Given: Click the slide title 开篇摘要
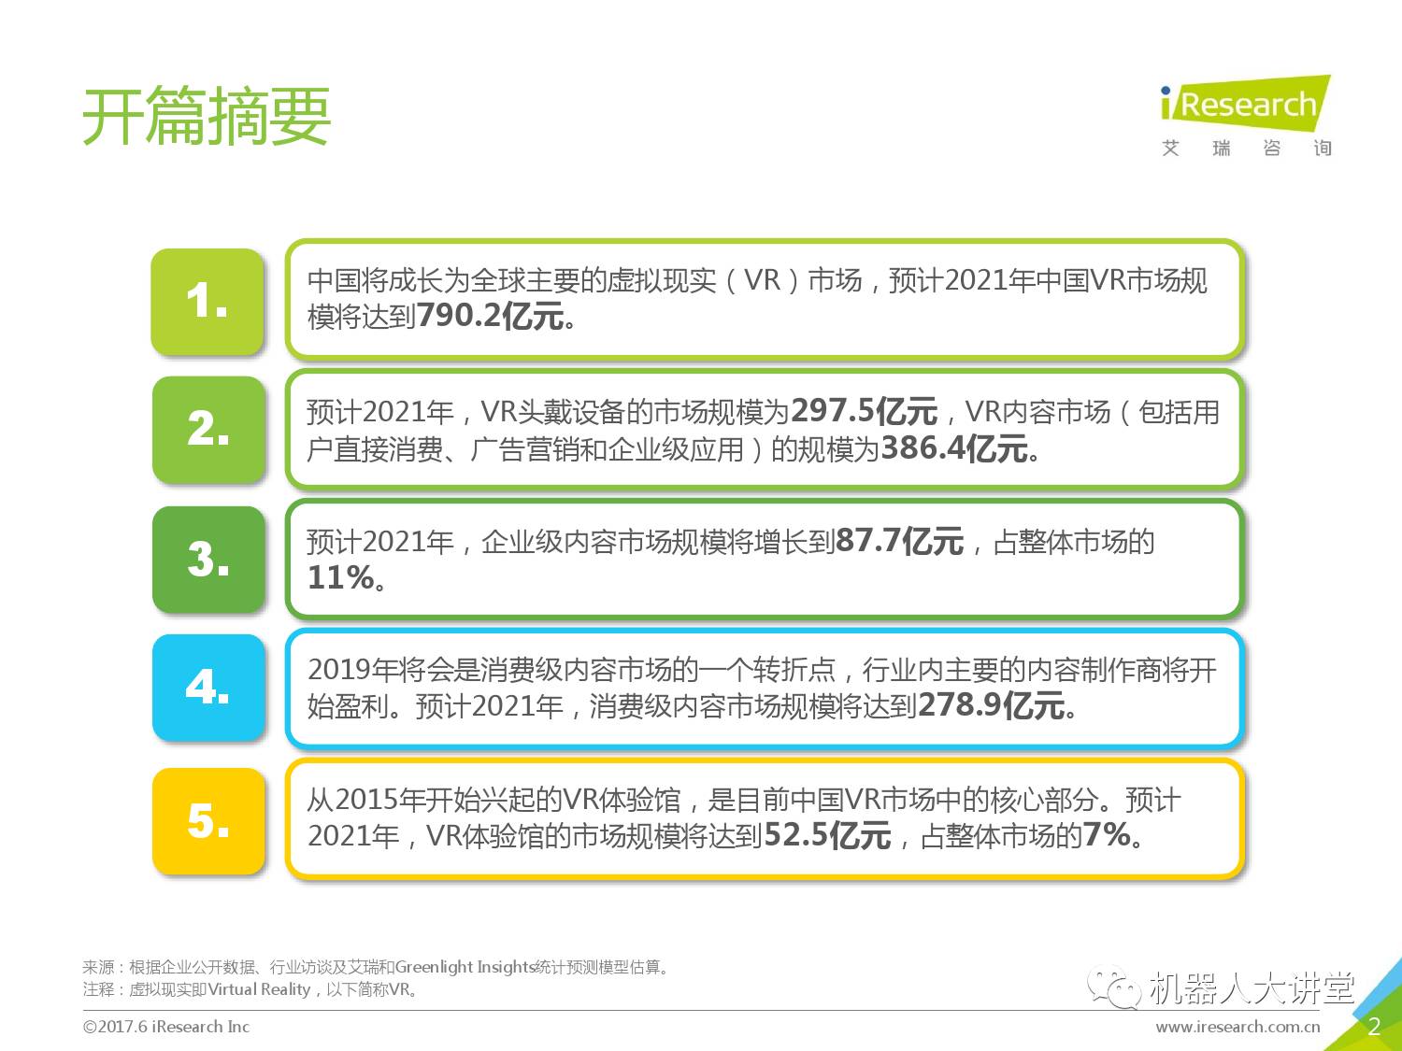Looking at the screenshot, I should [207, 117].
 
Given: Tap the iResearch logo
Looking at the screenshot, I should [1244, 105].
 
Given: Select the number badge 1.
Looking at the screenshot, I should [207, 302].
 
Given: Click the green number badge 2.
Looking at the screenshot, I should [208, 430].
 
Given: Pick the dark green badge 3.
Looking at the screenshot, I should [208, 560].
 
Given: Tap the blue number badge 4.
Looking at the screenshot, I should [208, 688].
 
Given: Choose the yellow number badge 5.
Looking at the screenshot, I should [208, 821].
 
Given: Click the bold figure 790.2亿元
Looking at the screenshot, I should [491, 317].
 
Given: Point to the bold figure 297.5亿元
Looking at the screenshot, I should [864, 411].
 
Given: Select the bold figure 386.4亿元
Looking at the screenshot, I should [954, 448].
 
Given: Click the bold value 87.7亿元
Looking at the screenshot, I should [899, 541].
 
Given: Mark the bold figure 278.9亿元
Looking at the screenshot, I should [992, 705].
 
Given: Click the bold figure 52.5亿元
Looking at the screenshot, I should [827, 835].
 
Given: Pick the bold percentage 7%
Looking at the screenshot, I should [1108, 835].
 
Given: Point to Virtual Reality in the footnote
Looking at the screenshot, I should [259, 989].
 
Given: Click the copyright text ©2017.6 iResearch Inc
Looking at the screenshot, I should [166, 1027].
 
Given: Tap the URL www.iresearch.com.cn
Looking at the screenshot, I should [1237, 1027].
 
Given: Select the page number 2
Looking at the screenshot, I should [1373, 1027].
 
